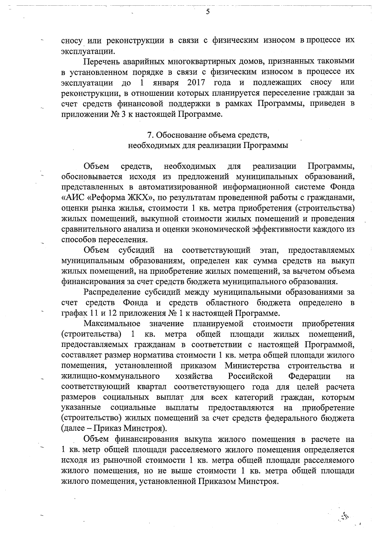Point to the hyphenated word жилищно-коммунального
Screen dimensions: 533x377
110,376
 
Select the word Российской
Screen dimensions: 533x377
250,376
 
